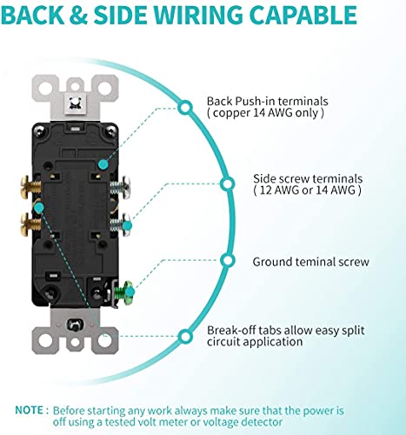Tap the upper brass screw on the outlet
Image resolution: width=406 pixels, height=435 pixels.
coord(30,186)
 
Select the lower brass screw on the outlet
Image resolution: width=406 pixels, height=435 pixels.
coord(30,224)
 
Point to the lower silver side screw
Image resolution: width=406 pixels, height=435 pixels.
coord(120,224)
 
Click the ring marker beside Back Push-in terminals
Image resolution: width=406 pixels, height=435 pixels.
coord(185,107)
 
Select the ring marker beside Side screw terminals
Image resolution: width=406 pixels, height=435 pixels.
coord(228,184)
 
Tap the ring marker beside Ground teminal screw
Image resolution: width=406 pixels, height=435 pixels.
coord(228,261)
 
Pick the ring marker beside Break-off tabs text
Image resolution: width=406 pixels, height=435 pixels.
coord(185,337)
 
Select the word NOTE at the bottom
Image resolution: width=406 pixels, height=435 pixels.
coord(29,411)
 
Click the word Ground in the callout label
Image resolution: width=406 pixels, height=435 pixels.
coord(272,262)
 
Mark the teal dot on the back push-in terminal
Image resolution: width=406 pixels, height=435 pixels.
coord(103,164)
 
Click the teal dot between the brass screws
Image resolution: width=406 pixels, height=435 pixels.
coord(38,207)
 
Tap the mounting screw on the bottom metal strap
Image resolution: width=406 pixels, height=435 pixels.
coord(75,325)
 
